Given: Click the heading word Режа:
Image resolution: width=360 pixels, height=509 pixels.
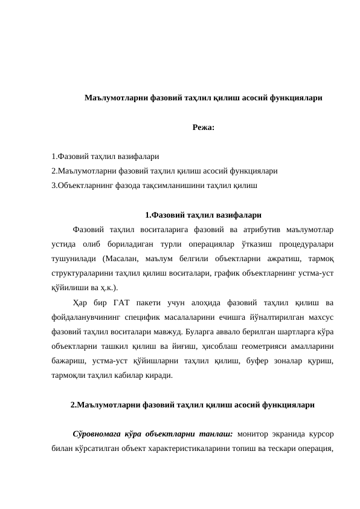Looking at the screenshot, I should (x=202, y=128).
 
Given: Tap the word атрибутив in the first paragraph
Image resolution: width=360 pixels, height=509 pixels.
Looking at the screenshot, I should (x=252, y=230).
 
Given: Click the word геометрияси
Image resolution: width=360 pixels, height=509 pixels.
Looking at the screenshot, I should (x=234, y=346).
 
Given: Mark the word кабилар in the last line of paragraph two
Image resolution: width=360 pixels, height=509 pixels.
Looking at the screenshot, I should (x=134, y=375).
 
